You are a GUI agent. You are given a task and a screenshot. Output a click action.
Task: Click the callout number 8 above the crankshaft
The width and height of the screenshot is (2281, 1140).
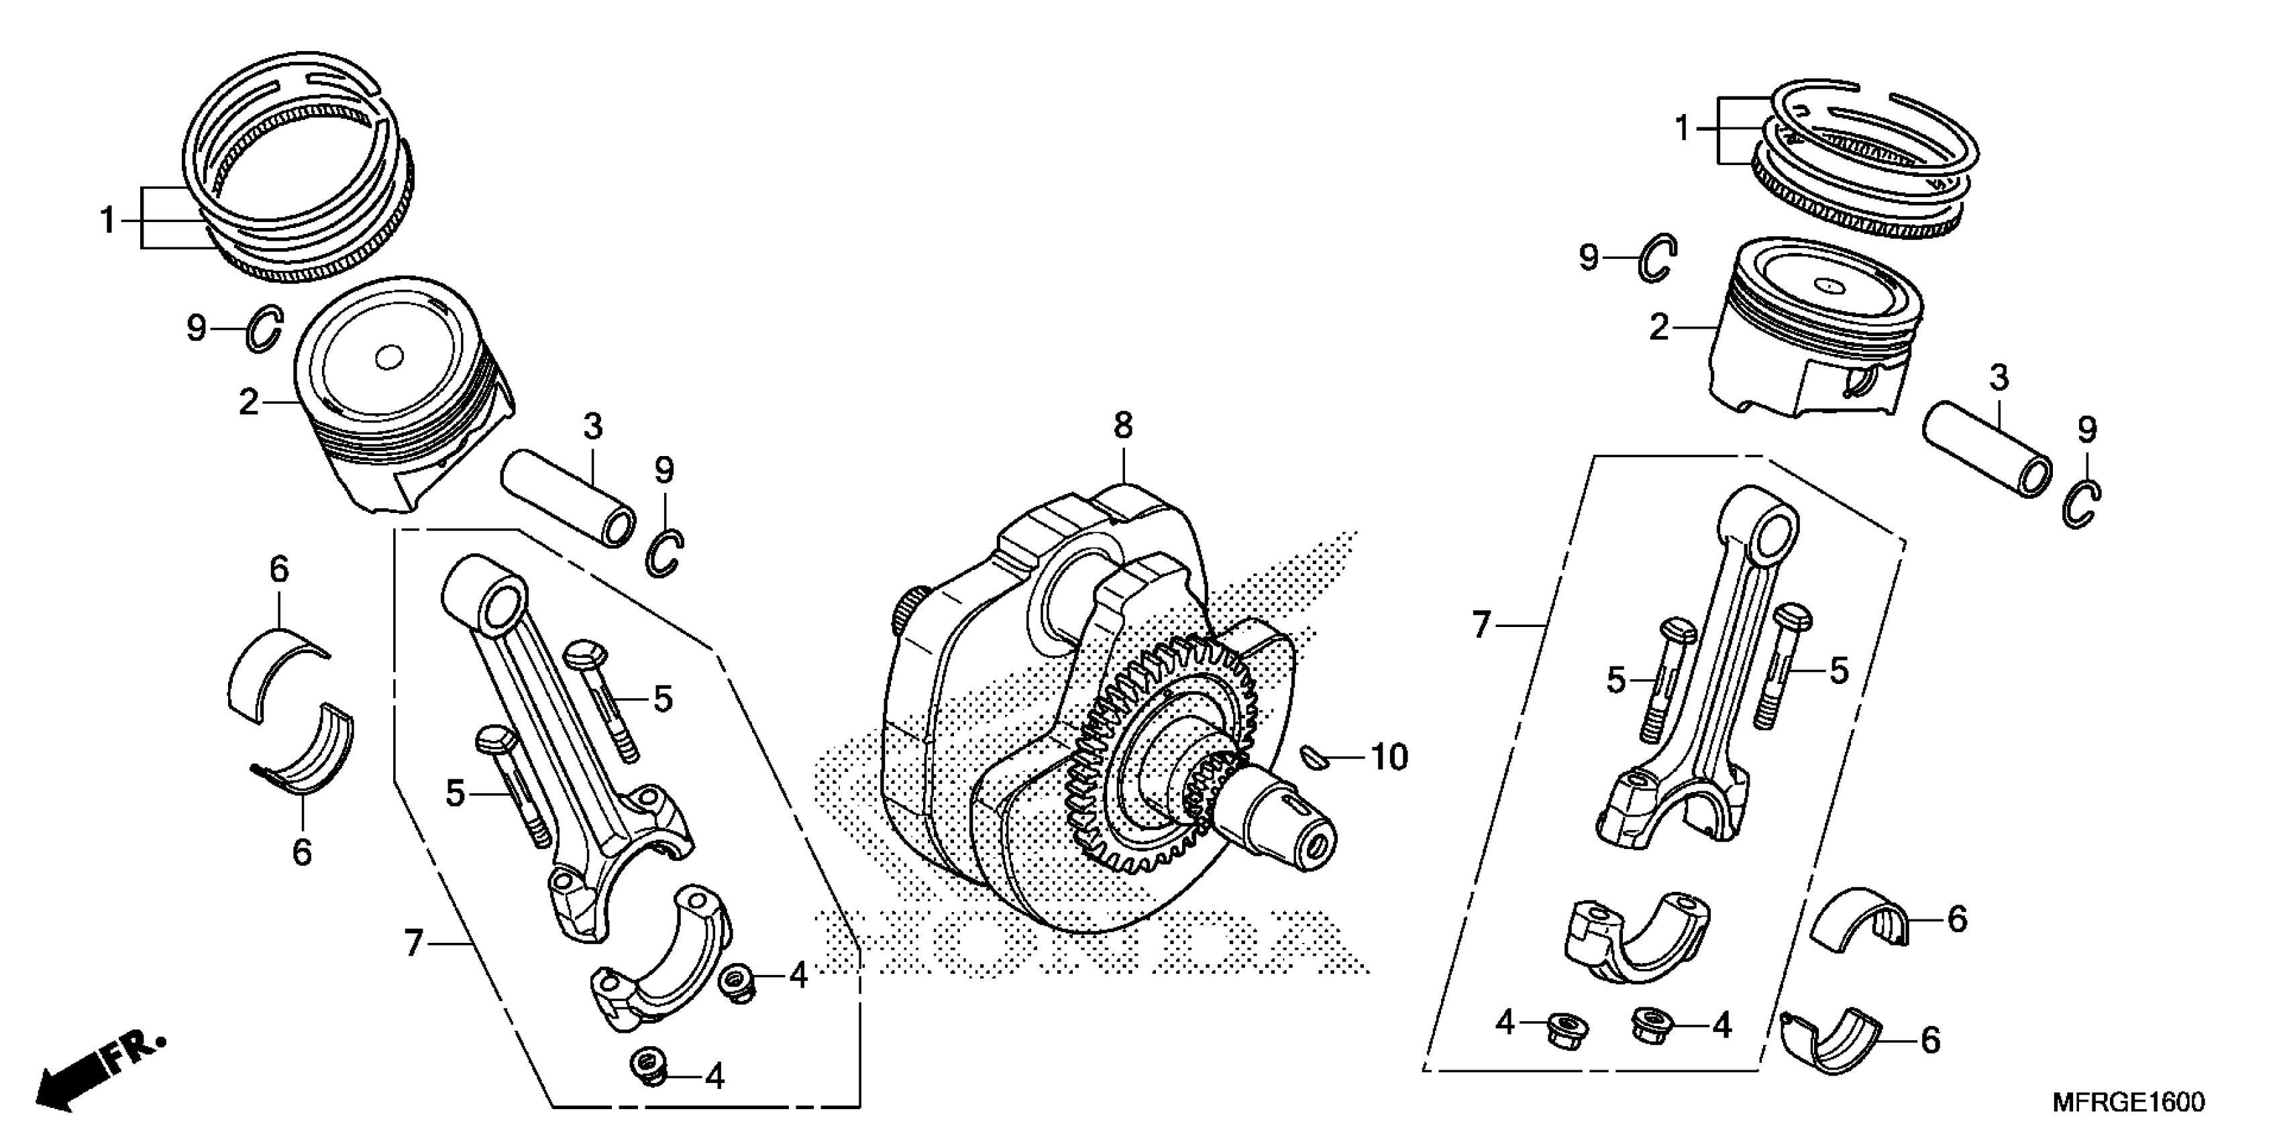coord(1123,426)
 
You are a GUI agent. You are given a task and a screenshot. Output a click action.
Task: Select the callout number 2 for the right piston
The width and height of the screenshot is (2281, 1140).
coord(1658,329)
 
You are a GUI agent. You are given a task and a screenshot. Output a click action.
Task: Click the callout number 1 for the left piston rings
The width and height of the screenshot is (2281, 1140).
coord(108,219)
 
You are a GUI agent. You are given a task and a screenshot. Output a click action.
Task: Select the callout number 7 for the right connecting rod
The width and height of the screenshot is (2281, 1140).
coord(1481,625)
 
